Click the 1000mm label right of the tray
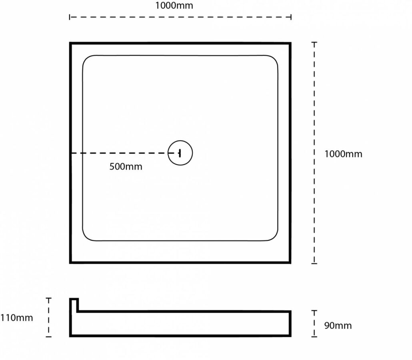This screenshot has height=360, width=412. pos(343,154)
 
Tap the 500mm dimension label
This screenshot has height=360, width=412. pos(126,167)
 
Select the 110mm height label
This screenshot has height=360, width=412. pos(16,318)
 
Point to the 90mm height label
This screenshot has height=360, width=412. pos(338,326)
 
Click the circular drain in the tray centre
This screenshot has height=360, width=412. pos(180,153)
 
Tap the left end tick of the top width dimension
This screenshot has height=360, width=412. pos(70,17)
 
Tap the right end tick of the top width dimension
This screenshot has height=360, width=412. pos(291,17)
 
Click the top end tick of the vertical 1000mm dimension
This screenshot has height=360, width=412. pos(314,42)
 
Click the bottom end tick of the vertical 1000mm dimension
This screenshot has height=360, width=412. pos(314,263)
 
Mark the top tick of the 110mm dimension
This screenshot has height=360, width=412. pos(49,298)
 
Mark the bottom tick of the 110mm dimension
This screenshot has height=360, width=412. pos(49,336)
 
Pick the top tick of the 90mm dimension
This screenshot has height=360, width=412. pos(314,310)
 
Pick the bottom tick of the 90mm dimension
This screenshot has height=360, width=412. pos(314,336)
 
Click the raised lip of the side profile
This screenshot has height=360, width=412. pos(74,304)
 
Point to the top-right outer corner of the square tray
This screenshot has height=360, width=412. pos(290,43)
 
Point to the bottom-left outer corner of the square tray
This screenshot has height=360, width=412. pos(71,262)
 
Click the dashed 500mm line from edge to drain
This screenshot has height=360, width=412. pos(120,153)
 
